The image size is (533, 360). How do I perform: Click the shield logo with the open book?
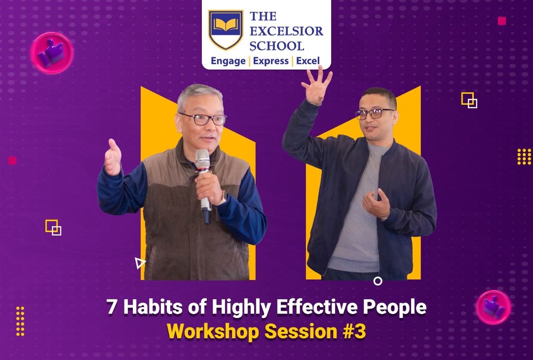(x=226, y=30)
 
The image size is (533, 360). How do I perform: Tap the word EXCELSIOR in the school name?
(x=286, y=31)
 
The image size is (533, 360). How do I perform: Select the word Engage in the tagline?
(x=228, y=61)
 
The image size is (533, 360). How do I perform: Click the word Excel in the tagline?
(x=308, y=61)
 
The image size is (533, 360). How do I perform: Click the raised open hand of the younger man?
(x=316, y=85)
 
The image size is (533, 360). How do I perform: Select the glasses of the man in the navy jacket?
(x=374, y=114)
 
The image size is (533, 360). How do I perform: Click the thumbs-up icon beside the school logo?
(x=52, y=53)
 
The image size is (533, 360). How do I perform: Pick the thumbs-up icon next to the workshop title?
(x=493, y=307)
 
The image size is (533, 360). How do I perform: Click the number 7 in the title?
(x=112, y=307)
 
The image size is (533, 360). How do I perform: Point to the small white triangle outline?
(x=140, y=263)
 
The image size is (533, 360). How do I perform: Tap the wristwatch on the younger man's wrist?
(x=384, y=218)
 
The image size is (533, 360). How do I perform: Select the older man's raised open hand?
(x=113, y=157)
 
